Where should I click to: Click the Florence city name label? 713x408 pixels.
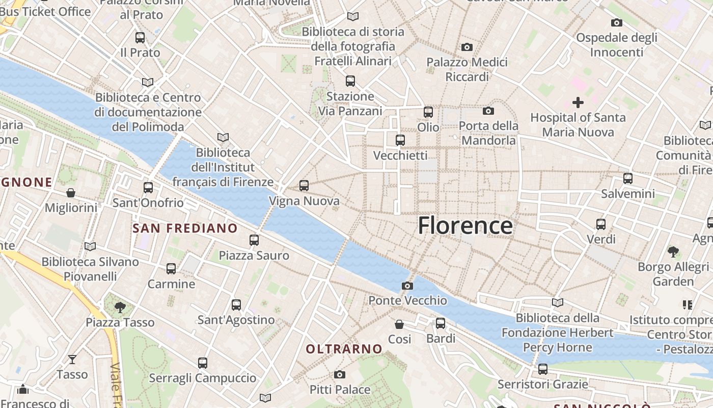(465, 225)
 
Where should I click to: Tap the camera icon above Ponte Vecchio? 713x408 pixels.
(407, 286)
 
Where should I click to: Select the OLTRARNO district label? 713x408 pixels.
(344, 349)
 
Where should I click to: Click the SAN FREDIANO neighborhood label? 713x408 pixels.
(185, 228)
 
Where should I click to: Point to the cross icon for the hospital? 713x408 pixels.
(578, 103)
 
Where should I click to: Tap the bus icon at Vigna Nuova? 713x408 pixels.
(304, 186)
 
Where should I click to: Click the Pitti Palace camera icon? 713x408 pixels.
(340, 375)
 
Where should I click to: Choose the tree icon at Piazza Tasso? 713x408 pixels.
(120, 307)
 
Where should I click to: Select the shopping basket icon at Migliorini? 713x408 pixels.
(71, 193)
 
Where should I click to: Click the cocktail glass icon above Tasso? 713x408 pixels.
(72, 359)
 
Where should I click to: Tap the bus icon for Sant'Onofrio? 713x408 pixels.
(148, 188)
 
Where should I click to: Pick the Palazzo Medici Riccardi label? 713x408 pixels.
(467, 69)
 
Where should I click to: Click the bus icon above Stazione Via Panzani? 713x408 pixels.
(350, 81)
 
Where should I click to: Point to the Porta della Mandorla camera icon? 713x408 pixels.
(488, 111)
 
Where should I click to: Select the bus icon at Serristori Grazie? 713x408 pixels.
(543, 369)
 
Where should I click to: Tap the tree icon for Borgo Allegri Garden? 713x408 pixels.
(673, 251)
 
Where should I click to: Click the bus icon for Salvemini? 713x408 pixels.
(628, 178)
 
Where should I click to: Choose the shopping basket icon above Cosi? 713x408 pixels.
(399, 324)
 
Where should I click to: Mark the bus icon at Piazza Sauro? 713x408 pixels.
(254, 240)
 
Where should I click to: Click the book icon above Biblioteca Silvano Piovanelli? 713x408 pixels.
(90, 246)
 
